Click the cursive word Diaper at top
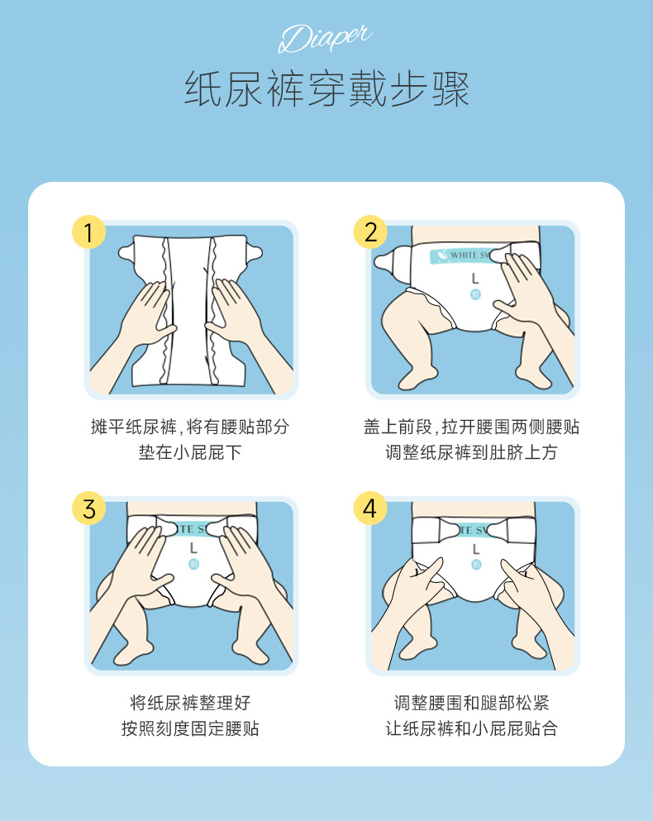(x=326, y=38)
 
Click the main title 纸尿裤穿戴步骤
(x=326, y=89)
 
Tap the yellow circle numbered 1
(x=89, y=232)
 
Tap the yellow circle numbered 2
(x=370, y=232)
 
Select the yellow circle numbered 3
(x=89, y=508)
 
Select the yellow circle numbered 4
(x=370, y=508)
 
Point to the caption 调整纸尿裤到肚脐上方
(x=471, y=453)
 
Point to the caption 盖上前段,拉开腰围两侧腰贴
(x=471, y=427)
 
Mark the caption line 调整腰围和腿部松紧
(x=471, y=703)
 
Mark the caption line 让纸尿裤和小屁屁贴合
(x=471, y=729)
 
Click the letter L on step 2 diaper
(x=475, y=279)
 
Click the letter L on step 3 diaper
(x=193, y=547)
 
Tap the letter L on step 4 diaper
(x=475, y=547)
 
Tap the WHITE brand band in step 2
(x=463, y=256)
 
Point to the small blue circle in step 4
(x=475, y=565)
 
